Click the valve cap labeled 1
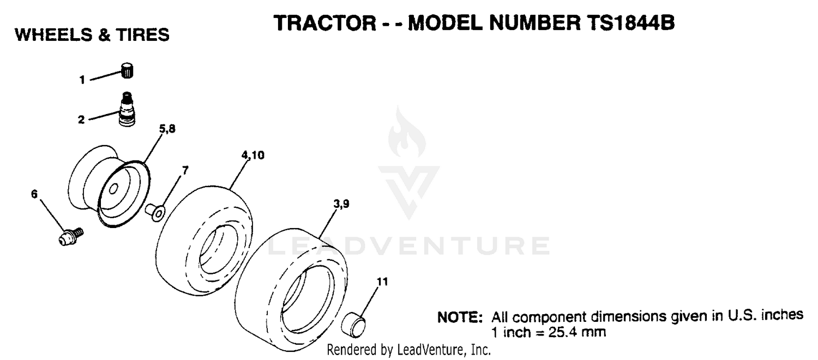[127, 70]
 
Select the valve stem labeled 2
[127, 109]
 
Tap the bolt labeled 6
[71, 236]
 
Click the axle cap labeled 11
[353, 325]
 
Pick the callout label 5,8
[167, 129]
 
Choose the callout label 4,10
[252, 155]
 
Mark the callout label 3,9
[341, 204]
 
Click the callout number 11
[382, 281]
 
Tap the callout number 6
[34, 194]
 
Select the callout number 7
[185, 171]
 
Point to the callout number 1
[82, 80]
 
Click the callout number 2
[81, 119]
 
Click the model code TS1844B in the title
[630, 23]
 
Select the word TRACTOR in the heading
[324, 23]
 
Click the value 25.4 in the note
[561, 333]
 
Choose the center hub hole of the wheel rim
[113, 189]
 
